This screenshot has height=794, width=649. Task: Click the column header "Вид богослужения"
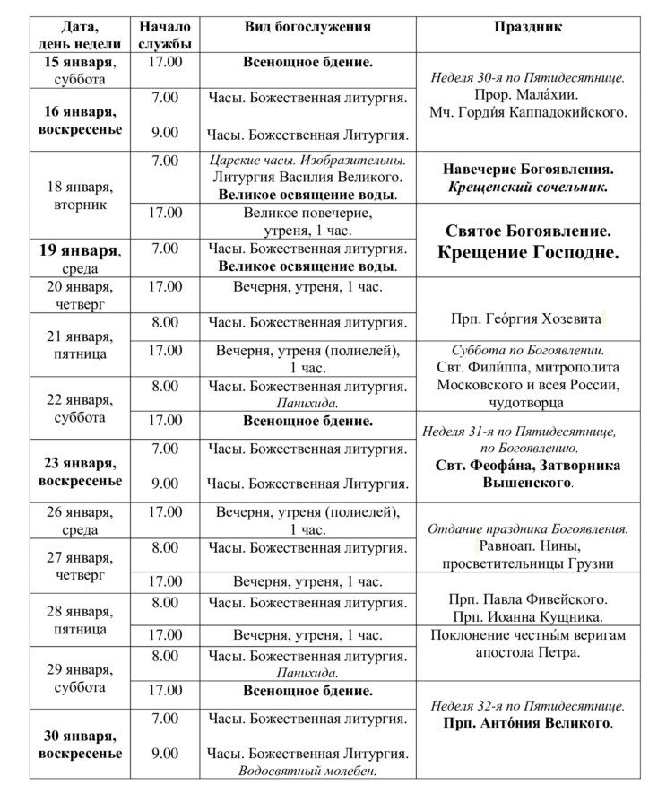pos(307,27)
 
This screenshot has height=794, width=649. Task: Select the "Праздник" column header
pos(528,27)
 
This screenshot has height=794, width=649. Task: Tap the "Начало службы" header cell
pos(165,35)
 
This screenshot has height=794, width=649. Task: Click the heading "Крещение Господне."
pos(528,253)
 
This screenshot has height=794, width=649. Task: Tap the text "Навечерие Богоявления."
pos(528,169)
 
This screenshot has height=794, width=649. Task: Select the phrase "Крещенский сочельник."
pos(528,188)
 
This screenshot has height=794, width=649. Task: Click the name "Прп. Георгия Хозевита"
pos(528,318)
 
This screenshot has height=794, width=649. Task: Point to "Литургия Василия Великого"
pos(307,178)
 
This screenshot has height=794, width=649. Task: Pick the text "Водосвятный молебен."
pos(307,771)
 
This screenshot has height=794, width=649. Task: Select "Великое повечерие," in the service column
pos(307,214)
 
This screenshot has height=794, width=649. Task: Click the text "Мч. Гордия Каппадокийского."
pos(528,112)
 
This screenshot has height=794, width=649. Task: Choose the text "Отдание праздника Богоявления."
pos(528,528)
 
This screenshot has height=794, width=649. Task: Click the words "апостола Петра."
pos(528,652)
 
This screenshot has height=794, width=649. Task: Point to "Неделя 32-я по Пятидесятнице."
pos(528,705)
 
